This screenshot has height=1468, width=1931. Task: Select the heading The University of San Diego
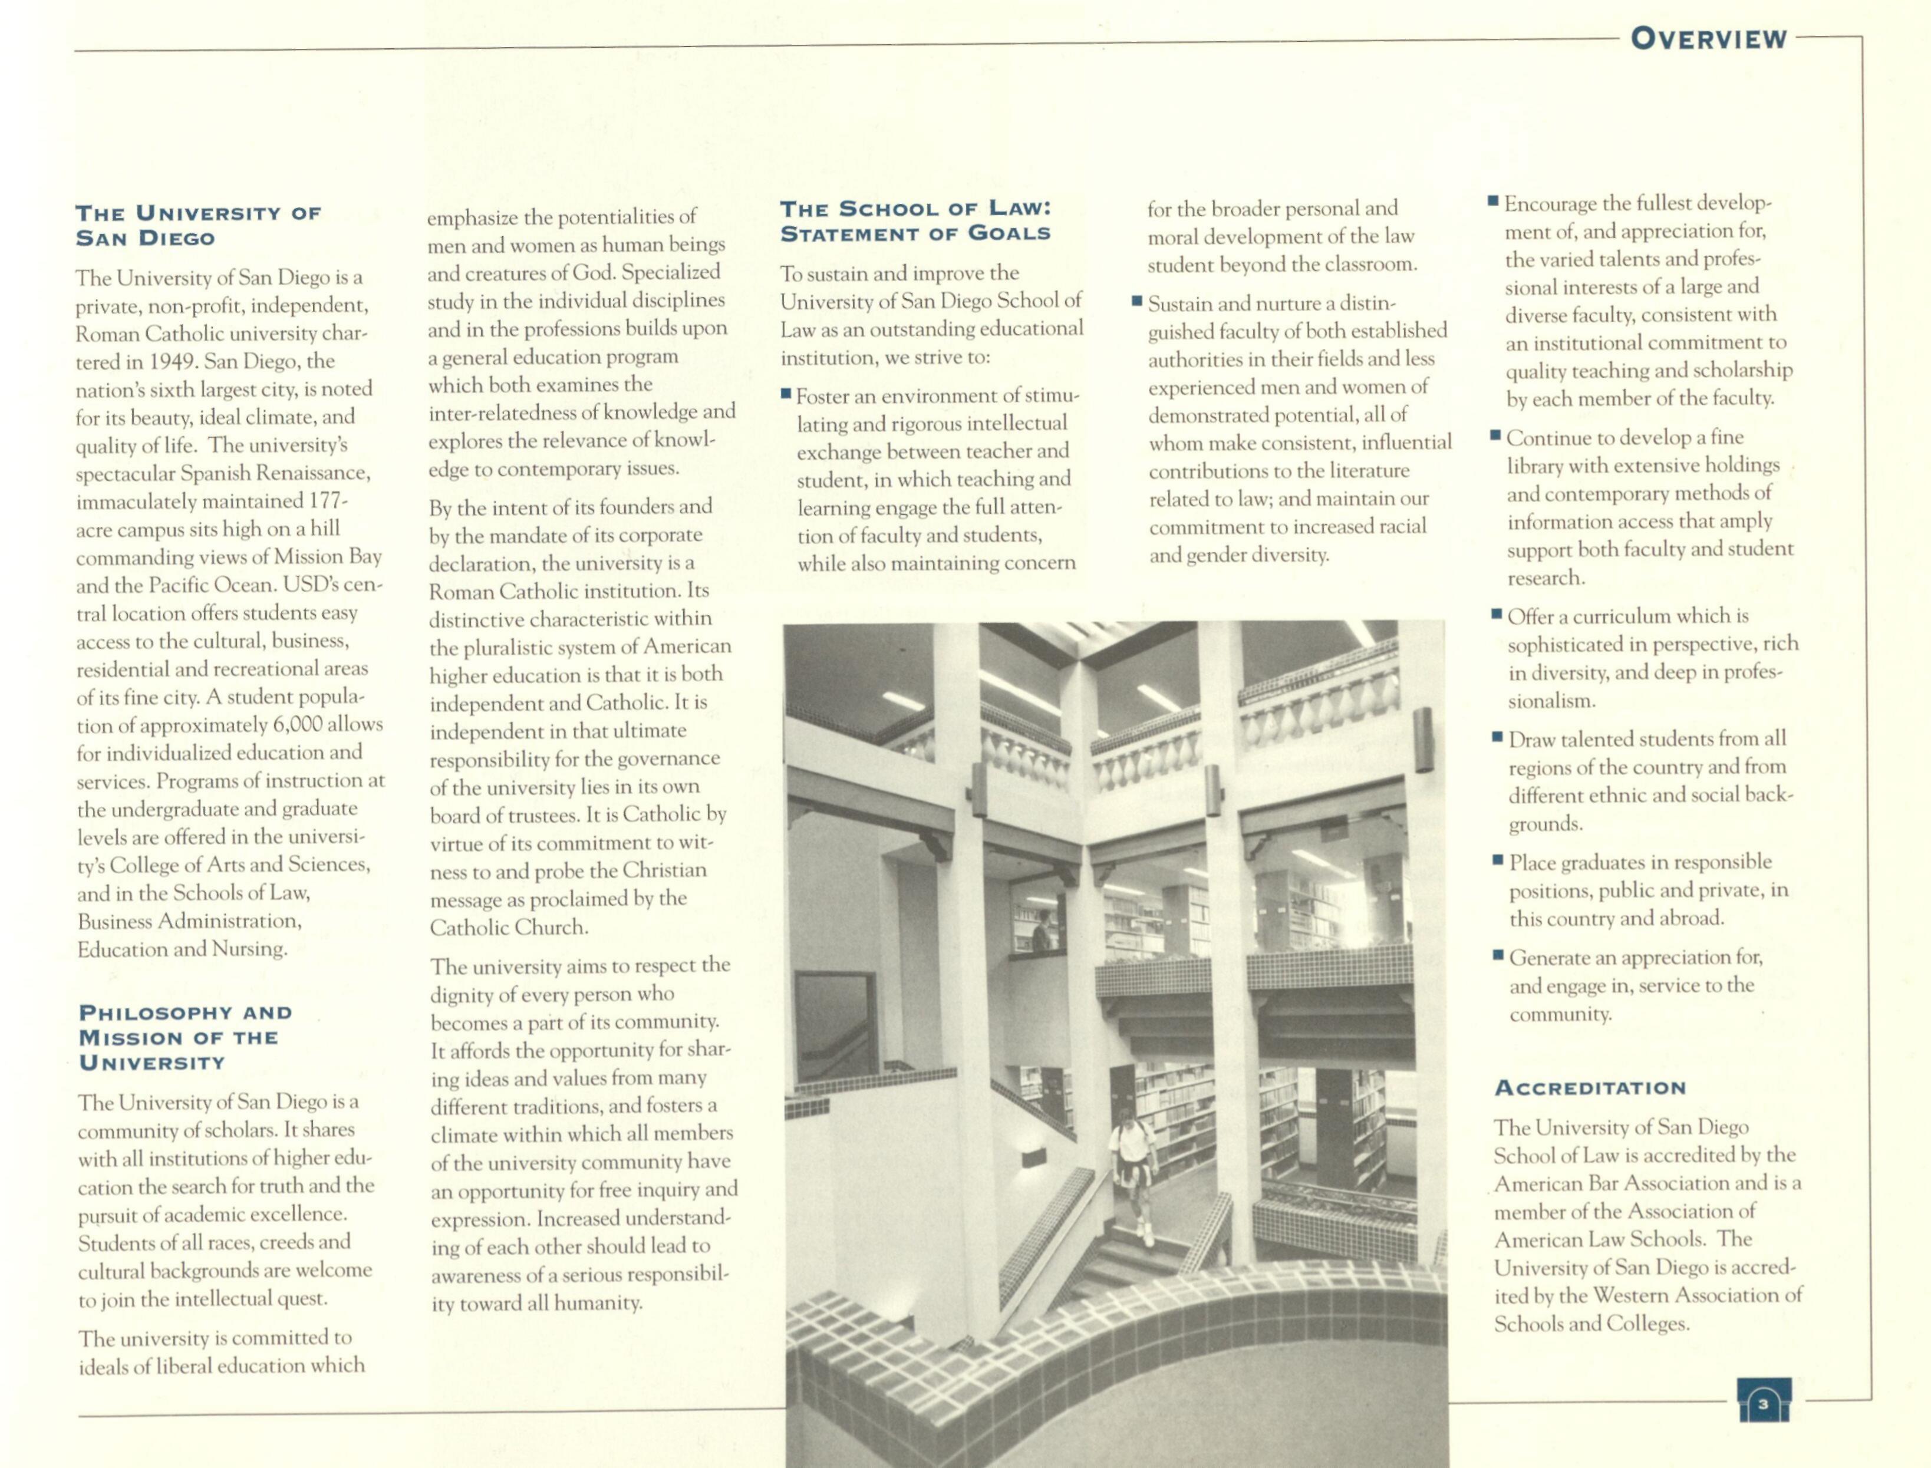tap(198, 226)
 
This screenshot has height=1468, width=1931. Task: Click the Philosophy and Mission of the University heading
tap(185, 1037)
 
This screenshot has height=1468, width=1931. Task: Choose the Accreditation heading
tap(1589, 1088)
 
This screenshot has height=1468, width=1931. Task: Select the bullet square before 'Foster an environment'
tap(786, 395)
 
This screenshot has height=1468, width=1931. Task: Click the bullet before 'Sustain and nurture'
tap(1137, 302)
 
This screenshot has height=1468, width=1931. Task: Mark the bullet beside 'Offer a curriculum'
tap(1497, 615)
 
